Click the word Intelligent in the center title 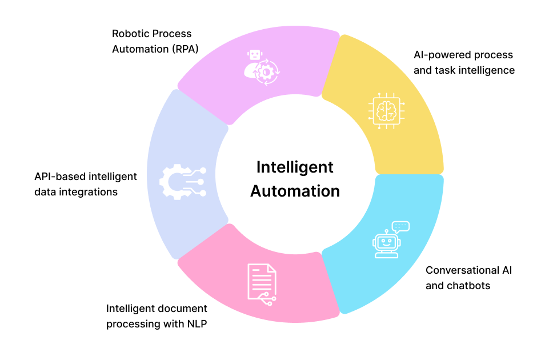click(294, 167)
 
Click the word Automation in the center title click(295, 190)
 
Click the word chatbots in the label click(469, 285)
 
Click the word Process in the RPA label click(172, 34)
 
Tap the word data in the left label click(45, 192)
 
